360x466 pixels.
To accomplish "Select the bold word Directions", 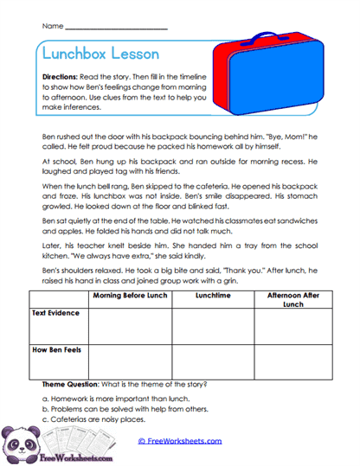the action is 60,78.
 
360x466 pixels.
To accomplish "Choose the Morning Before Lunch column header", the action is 130,296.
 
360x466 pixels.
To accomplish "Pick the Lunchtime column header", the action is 212,296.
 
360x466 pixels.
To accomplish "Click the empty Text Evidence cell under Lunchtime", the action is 212,325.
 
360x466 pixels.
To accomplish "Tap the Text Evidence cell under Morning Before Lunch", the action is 130,325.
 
